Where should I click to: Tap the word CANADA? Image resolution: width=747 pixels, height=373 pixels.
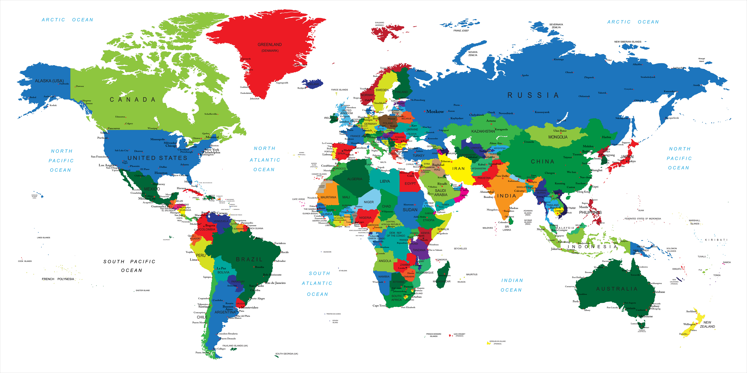coord(132,100)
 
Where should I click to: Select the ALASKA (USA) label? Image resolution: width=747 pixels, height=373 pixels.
coord(49,81)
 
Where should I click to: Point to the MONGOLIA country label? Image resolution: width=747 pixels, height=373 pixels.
coord(558,137)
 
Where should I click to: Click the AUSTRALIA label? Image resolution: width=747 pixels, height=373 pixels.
coord(617,289)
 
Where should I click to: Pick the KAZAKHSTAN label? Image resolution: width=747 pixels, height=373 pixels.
coord(483,131)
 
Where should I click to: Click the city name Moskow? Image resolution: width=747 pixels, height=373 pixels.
coord(435,111)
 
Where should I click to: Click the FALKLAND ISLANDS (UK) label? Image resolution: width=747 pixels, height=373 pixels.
coord(235,346)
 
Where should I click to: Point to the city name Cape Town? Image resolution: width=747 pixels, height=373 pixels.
coord(379,305)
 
